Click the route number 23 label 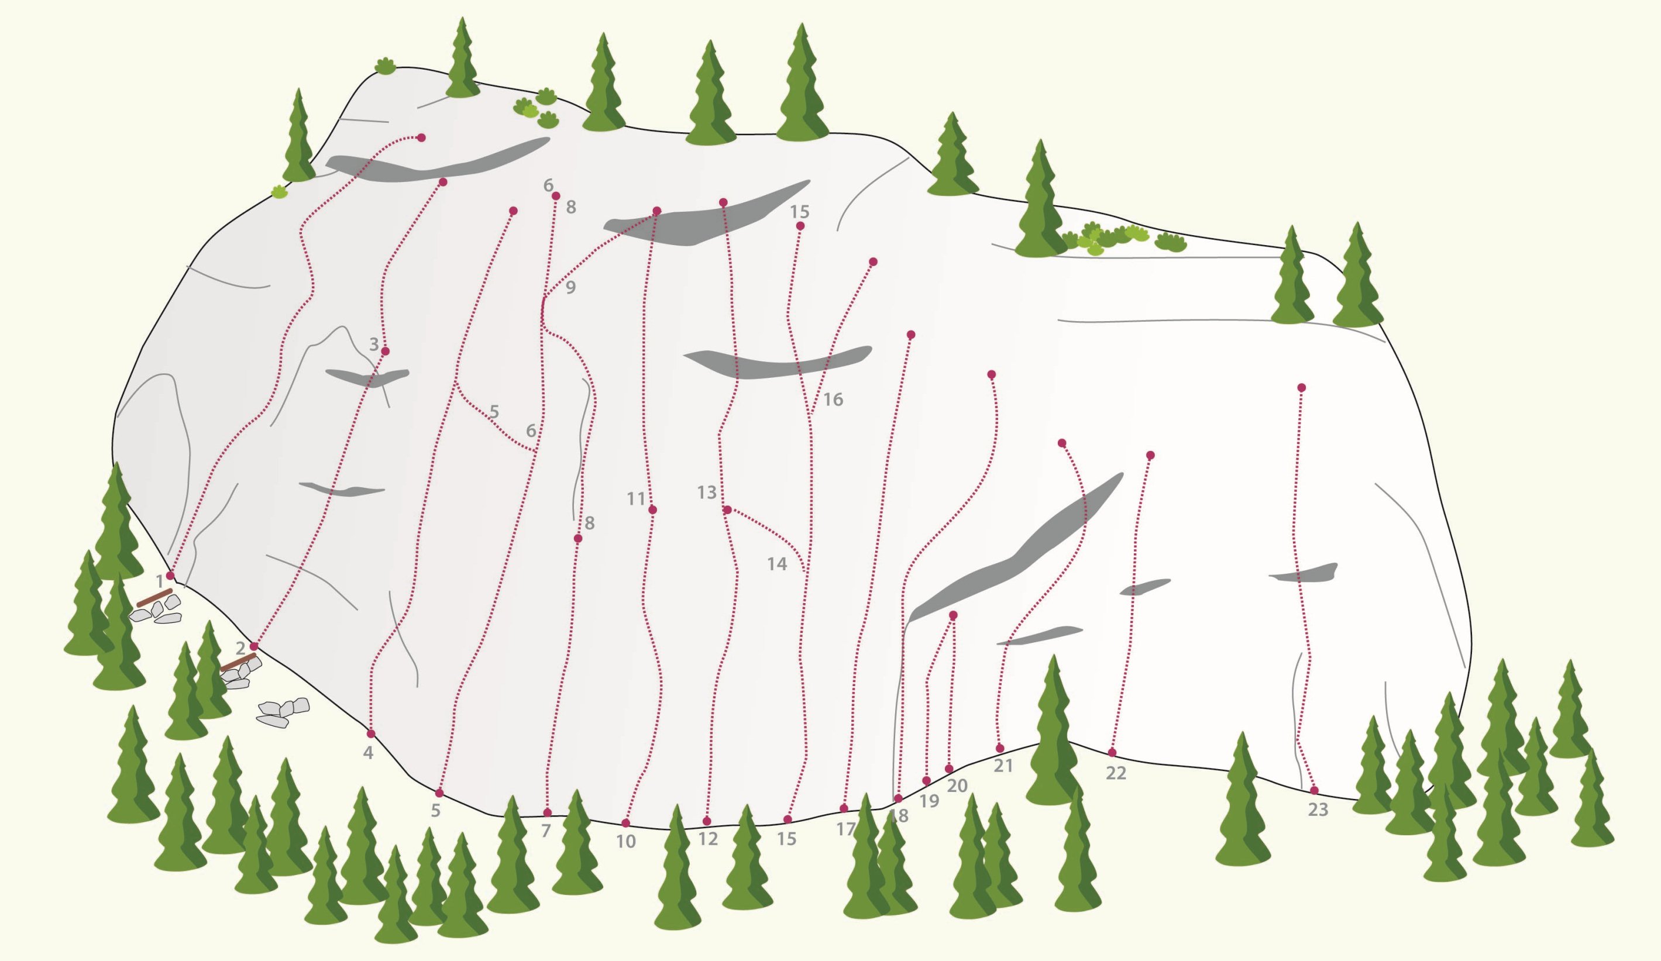[x=1318, y=810]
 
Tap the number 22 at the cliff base [x=1116, y=773]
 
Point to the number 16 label [x=833, y=399]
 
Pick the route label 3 [x=374, y=343]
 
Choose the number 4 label [x=369, y=752]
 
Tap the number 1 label [x=160, y=581]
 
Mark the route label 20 [x=957, y=785]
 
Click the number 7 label [x=546, y=831]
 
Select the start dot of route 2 [x=254, y=646]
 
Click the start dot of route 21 [x=1000, y=748]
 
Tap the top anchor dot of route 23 [x=1301, y=388]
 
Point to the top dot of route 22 [x=1150, y=456]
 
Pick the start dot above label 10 [x=625, y=823]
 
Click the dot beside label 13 [x=727, y=509]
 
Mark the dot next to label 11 [x=652, y=509]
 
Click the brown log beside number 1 [x=155, y=597]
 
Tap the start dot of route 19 [x=926, y=780]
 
